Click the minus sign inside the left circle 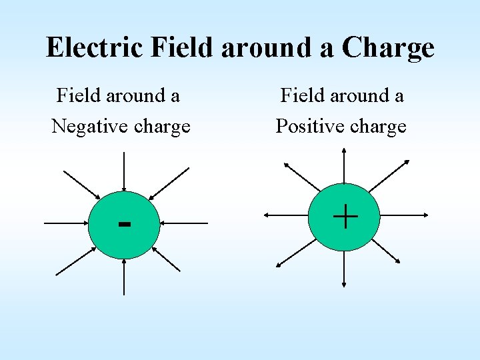click(124, 223)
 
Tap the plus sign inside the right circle click(345, 217)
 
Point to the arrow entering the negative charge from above click(124, 172)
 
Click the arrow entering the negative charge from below click(124, 275)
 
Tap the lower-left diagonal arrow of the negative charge click(75, 260)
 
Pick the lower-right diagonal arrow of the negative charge click(167, 258)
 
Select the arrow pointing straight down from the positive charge click(344, 269)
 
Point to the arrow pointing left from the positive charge click(286, 215)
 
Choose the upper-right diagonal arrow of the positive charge click(389, 175)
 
